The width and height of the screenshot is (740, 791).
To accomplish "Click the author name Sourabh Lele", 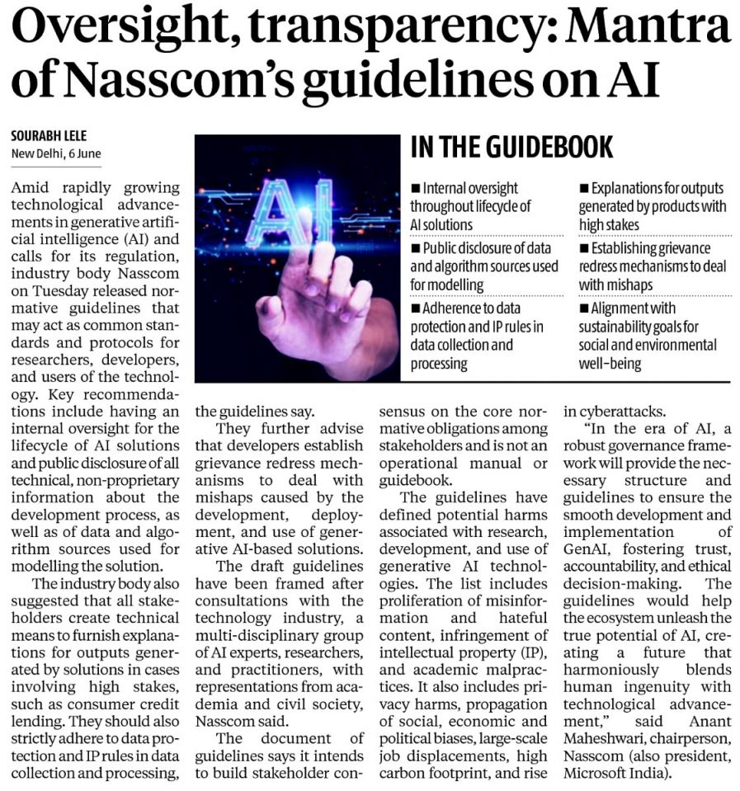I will click(x=49, y=137).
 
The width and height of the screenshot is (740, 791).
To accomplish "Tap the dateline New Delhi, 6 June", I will click(x=55, y=154).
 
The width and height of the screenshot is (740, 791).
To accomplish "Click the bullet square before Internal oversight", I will click(x=415, y=189).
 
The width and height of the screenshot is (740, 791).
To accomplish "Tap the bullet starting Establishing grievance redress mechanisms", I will click(x=652, y=266).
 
